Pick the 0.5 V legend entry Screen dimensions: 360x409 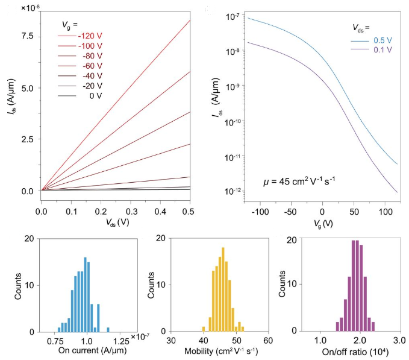point(382,40)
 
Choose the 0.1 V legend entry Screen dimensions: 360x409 point(382,50)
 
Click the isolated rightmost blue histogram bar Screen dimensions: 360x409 point(108,329)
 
